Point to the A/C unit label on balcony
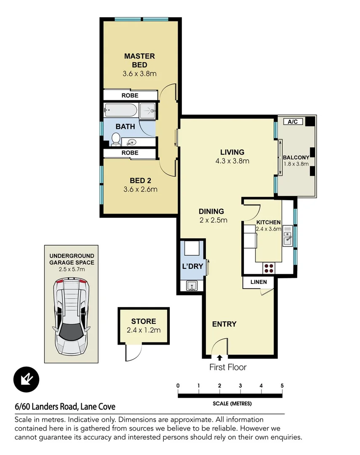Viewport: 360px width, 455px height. tap(293, 122)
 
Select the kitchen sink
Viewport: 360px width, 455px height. tap(288, 237)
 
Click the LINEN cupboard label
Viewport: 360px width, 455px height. tap(259, 281)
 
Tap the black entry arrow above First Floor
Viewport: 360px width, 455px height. tap(219, 358)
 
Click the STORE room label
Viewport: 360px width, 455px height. tap(143, 321)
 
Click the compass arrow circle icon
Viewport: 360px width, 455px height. tap(26, 379)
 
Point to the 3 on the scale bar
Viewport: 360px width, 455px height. tap(240, 385)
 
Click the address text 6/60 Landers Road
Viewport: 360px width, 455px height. tap(65, 407)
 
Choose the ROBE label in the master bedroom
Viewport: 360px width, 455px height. tap(130, 96)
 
